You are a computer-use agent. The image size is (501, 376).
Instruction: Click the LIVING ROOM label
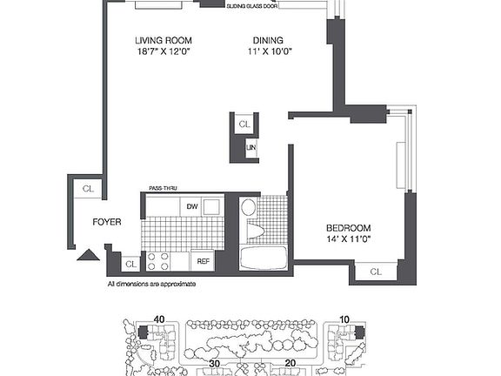[x=163, y=40]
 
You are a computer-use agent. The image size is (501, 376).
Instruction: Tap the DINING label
[x=267, y=40]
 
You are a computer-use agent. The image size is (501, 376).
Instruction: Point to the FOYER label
[x=107, y=222]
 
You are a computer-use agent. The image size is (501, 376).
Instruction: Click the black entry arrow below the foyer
[x=88, y=255]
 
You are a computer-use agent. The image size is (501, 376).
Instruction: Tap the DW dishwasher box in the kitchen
[x=192, y=205]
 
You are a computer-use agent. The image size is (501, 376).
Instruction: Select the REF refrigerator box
[x=203, y=260]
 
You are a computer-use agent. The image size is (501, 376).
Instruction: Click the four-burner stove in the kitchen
[x=158, y=260]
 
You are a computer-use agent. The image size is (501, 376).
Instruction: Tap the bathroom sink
[x=248, y=207]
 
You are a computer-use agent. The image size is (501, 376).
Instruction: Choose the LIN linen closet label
[x=250, y=150]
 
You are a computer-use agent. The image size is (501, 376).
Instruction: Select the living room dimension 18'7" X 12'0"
[x=163, y=51]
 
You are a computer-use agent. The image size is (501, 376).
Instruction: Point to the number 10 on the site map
[x=344, y=319]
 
